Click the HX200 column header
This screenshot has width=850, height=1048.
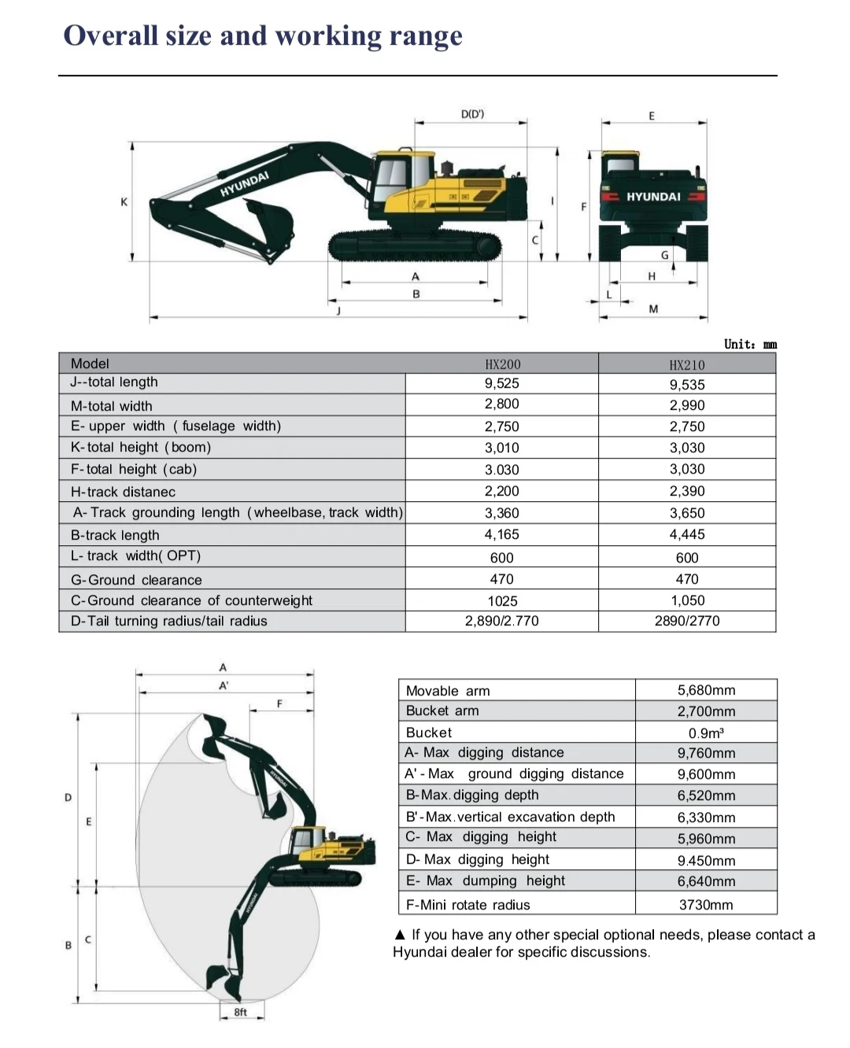(502, 364)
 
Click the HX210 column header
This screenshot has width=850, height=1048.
(687, 365)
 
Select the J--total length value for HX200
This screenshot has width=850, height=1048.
(501, 383)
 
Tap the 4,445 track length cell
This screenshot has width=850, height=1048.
(687, 534)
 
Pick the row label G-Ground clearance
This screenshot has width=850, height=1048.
(136, 580)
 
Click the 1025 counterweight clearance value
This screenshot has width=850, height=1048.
(502, 601)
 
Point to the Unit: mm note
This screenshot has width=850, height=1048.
(750, 344)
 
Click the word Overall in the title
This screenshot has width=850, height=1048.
(110, 35)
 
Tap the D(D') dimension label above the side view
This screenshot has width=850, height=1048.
(472, 114)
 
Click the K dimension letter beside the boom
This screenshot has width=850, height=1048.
(124, 202)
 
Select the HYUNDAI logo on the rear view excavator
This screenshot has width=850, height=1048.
(653, 197)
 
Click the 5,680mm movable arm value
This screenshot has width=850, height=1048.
(706, 690)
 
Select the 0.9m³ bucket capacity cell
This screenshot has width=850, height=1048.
(706, 732)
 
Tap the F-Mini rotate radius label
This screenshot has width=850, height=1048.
(468, 905)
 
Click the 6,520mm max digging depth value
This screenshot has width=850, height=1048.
(706, 795)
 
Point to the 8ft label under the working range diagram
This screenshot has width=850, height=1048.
(241, 1012)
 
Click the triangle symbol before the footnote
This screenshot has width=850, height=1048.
(400, 935)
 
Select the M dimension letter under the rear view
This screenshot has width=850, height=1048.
(653, 309)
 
